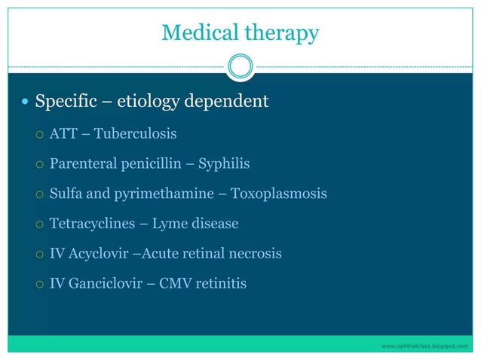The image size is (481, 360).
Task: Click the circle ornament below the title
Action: (x=240, y=66)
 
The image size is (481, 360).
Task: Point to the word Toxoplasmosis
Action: (x=279, y=194)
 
